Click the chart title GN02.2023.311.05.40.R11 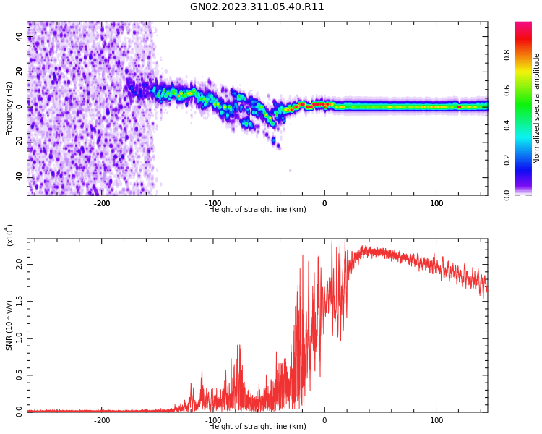point(257,7)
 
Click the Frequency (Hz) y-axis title point(9,109)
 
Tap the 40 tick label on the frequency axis point(20,36)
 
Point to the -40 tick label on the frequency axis point(18,177)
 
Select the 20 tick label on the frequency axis point(20,71)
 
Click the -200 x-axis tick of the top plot point(102,203)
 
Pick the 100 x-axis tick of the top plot point(436,203)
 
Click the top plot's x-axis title point(257,210)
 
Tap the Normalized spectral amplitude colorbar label point(537,109)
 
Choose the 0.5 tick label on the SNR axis point(20,375)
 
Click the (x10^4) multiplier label point(9,235)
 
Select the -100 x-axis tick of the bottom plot point(212,420)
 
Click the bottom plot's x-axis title point(257,427)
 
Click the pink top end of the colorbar point(523,25)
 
